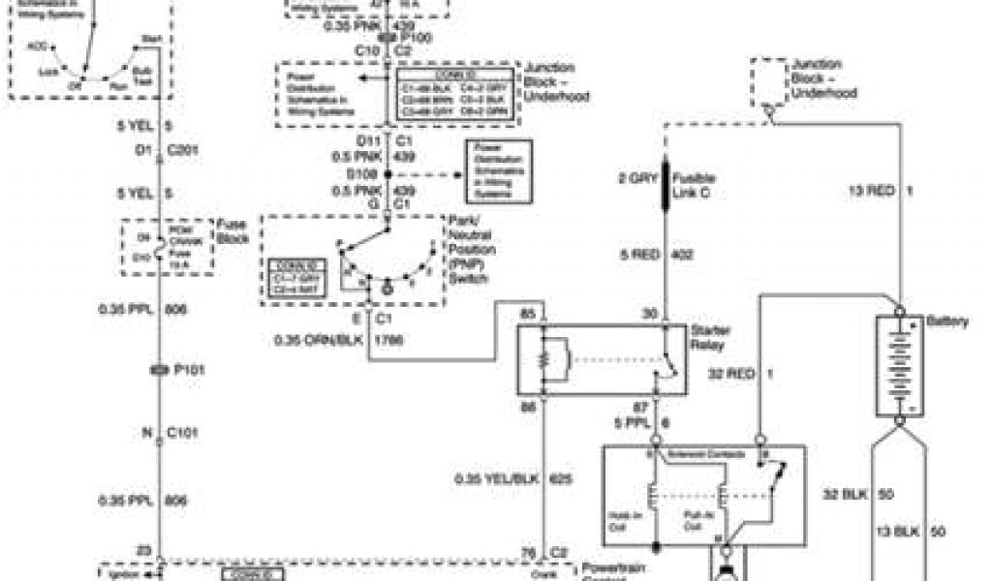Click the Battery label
(x=946, y=321)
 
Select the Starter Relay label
(x=711, y=336)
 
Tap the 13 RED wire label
(x=870, y=192)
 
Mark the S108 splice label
(x=366, y=174)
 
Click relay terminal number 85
(x=528, y=315)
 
